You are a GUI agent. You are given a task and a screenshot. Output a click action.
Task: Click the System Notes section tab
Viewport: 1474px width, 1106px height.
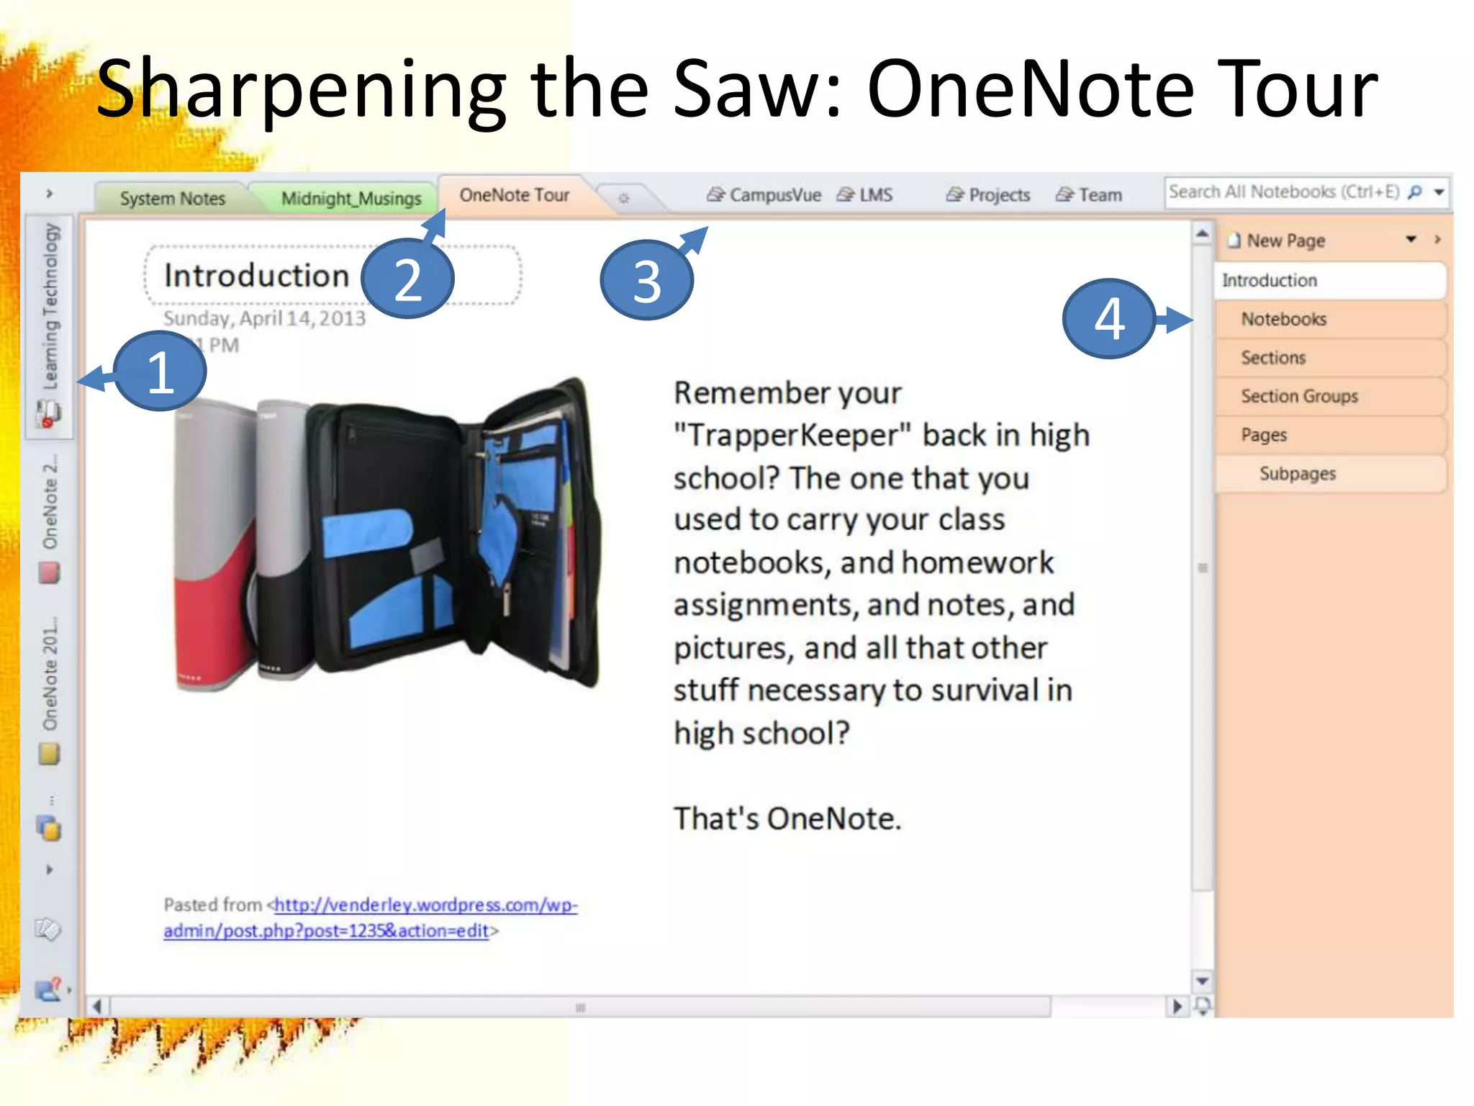172,198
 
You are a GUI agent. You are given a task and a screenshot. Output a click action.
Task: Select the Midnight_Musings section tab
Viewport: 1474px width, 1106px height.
351,198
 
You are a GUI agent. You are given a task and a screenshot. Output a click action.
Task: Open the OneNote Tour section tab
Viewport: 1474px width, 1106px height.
514,195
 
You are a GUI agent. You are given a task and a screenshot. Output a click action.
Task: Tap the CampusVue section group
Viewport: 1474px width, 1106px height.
764,195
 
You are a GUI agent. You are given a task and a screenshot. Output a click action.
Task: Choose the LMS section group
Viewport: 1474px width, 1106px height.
865,195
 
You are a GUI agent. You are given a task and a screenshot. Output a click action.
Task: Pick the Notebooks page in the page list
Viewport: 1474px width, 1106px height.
1283,319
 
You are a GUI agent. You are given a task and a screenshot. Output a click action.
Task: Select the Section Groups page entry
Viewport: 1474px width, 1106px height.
1298,396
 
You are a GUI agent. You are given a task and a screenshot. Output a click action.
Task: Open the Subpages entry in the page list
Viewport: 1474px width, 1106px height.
1297,473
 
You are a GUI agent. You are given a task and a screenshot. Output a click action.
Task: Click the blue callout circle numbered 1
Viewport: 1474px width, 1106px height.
160,372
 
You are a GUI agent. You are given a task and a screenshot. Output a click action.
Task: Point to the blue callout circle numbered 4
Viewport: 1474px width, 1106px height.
1109,318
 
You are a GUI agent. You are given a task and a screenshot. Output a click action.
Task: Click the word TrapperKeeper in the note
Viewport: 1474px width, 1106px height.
799,436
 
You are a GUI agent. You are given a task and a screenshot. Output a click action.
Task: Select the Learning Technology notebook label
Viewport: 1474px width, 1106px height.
50,307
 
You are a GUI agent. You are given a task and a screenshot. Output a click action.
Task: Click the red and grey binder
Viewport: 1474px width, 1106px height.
216,547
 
